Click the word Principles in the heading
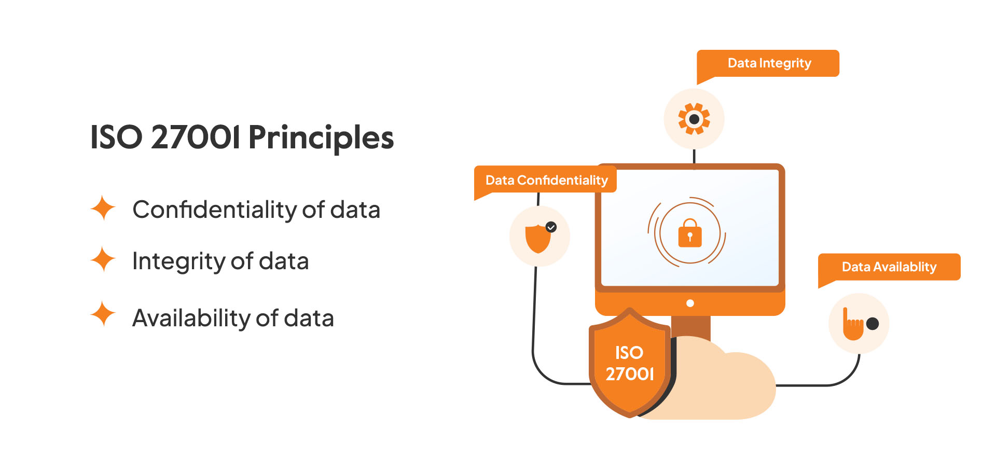(x=321, y=138)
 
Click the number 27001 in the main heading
(x=196, y=137)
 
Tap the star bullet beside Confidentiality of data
(x=103, y=208)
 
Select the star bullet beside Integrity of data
(x=103, y=259)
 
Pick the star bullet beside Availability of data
(x=103, y=314)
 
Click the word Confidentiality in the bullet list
(x=214, y=210)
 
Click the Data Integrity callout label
(x=768, y=63)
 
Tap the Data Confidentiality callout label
(x=546, y=180)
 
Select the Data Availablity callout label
(x=889, y=267)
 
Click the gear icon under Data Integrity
(x=694, y=119)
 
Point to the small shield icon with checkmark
(x=539, y=238)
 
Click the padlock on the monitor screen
(x=690, y=233)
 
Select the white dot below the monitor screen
(x=690, y=303)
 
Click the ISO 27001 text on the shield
(x=630, y=363)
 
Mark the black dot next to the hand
(x=873, y=324)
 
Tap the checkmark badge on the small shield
(x=551, y=227)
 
